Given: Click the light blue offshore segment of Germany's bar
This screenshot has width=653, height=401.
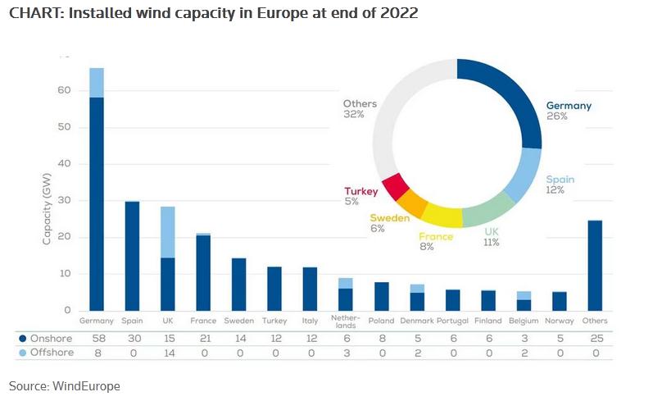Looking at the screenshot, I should pos(97,82).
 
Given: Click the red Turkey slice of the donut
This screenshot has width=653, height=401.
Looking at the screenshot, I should pos(396,187).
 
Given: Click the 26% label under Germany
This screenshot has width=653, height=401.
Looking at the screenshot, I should pos(558,116).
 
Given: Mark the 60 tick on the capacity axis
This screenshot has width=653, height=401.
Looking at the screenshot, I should pos(64,90).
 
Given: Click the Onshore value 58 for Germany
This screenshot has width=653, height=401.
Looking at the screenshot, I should pos(97,338).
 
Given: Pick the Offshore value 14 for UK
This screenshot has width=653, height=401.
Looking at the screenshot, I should pos(168,353).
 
